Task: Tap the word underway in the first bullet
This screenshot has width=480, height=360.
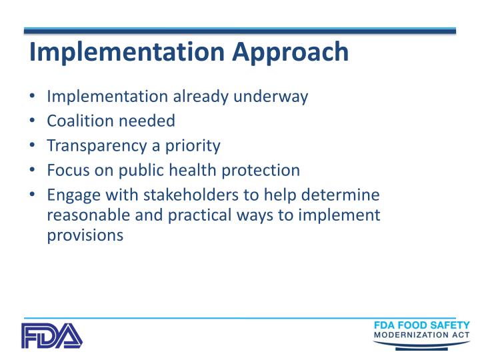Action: tap(274, 97)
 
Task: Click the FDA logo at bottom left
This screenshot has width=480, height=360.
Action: tap(51, 335)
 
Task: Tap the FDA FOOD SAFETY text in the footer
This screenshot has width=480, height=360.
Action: tap(422, 325)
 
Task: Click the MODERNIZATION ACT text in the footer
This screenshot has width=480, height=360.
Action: tap(421, 335)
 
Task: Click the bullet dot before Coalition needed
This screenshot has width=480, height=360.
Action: tap(33, 121)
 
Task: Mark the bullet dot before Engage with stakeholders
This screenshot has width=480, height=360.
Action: tap(33, 195)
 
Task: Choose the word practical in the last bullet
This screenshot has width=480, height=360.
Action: tap(215, 215)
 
